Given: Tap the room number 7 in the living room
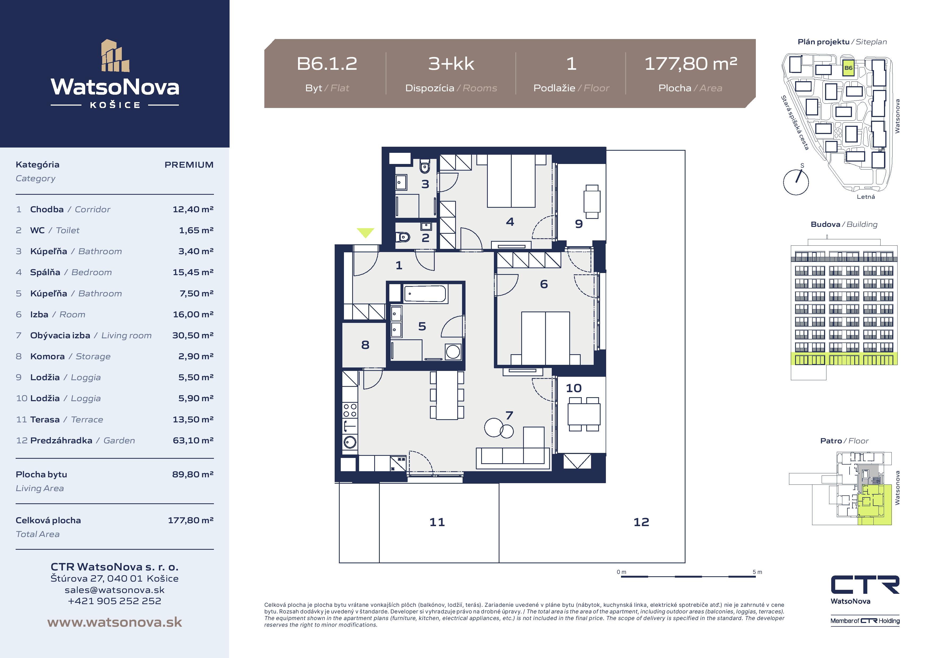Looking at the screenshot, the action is (x=509, y=415).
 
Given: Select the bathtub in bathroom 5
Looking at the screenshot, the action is (x=425, y=293).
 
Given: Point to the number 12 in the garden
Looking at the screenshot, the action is (x=641, y=522).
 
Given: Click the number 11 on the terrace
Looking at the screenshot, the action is (x=437, y=522).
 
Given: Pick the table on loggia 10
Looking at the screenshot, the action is (x=584, y=414).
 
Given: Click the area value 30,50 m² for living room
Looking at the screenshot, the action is (x=193, y=335).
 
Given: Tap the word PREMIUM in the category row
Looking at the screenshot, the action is (x=189, y=164).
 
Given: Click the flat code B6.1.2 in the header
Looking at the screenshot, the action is (x=327, y=64).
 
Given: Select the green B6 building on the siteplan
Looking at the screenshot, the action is (x=848, y=68).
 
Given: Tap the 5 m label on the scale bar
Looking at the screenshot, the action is (x=757, y=572).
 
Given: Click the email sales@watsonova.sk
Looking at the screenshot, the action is (x=115, y=590).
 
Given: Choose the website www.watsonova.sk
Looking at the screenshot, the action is (x=115, y=622).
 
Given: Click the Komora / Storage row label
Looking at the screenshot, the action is (x=70, y=356).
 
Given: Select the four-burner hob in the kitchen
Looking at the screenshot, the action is (x=350, y=410).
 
